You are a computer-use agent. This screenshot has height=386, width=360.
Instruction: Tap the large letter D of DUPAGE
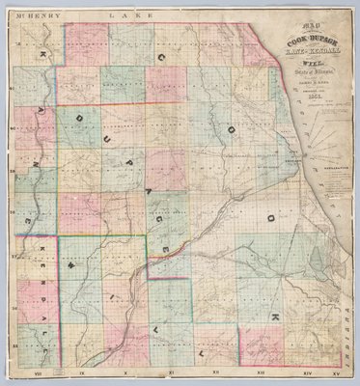(x=74, y=122)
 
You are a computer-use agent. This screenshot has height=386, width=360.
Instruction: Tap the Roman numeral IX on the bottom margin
(x=82, y=371)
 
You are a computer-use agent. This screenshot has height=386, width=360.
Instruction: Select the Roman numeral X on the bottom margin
(x=125, y=371)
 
